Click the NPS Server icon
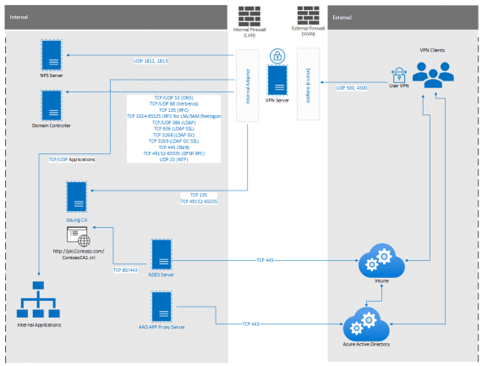(53, 57)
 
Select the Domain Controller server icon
(53, 106)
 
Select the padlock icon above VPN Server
(276, 56)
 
